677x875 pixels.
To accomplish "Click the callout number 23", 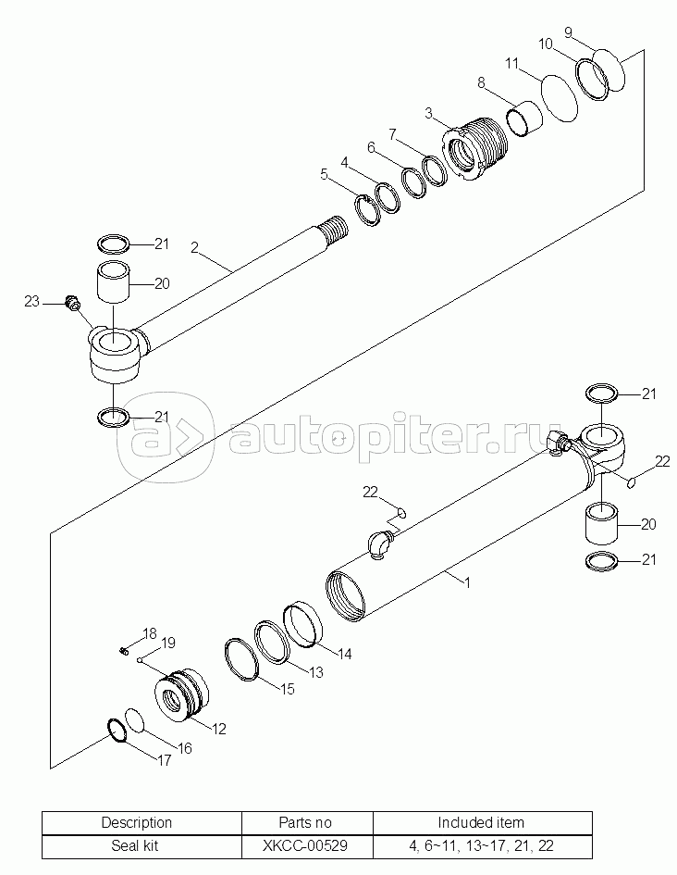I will [x=31, y=300].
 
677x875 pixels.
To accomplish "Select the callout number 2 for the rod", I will [x=195, y=247].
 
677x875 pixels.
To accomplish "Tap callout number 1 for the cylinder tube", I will [x=468, y=583].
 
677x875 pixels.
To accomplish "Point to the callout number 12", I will [x=219, y=729].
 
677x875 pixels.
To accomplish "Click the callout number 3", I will [x=429, y=113].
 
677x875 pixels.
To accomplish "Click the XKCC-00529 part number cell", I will [x=307, y=846].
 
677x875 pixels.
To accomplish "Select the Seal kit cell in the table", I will [x=137, y=846].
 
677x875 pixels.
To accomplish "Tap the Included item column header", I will [x=481, y=822].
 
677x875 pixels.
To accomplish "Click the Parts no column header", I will [x=307, y=822].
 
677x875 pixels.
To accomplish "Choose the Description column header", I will [x=137, y=822].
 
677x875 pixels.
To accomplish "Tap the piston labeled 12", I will [x=180, y=696].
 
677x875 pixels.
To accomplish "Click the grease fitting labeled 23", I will [x=72, y=301].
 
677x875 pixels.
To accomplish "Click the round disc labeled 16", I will [x=134, y=721].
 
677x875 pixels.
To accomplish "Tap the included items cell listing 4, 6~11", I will [x=481, y=846].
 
